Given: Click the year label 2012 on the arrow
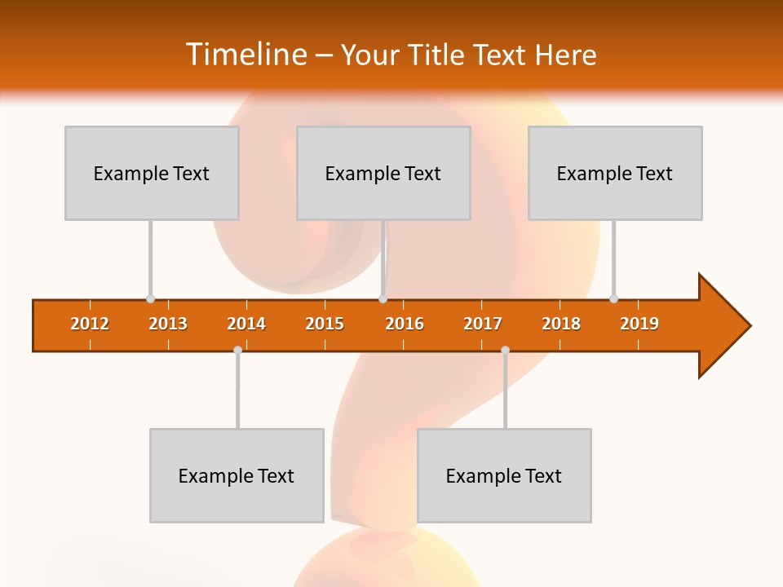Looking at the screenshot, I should tap(90, 324).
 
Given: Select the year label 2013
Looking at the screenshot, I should tap(168, 324).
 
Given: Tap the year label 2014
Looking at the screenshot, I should tap(246, 324).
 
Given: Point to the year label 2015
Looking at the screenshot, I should tap(325, 324).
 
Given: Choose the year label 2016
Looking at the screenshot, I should tap(405, 324).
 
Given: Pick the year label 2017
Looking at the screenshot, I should tap(483, 324).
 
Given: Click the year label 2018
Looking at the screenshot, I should tap(561, 324).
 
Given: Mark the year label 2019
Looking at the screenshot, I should tap(639, 324).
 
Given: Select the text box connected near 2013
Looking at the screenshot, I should tap(152, 173).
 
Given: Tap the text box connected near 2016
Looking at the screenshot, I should tap(383, 173).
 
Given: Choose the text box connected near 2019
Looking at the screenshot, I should tap(615, 173).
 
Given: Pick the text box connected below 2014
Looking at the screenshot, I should tap(237, 475).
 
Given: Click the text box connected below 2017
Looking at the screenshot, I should tap(504, 475).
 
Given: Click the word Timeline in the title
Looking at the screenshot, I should tap(245, 55).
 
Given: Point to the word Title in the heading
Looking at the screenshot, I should tap(445, 55).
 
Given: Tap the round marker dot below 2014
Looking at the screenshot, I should tap(237, 351).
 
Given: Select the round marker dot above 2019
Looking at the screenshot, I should tap(613, 298).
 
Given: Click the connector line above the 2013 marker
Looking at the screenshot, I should tap(150, 257).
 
